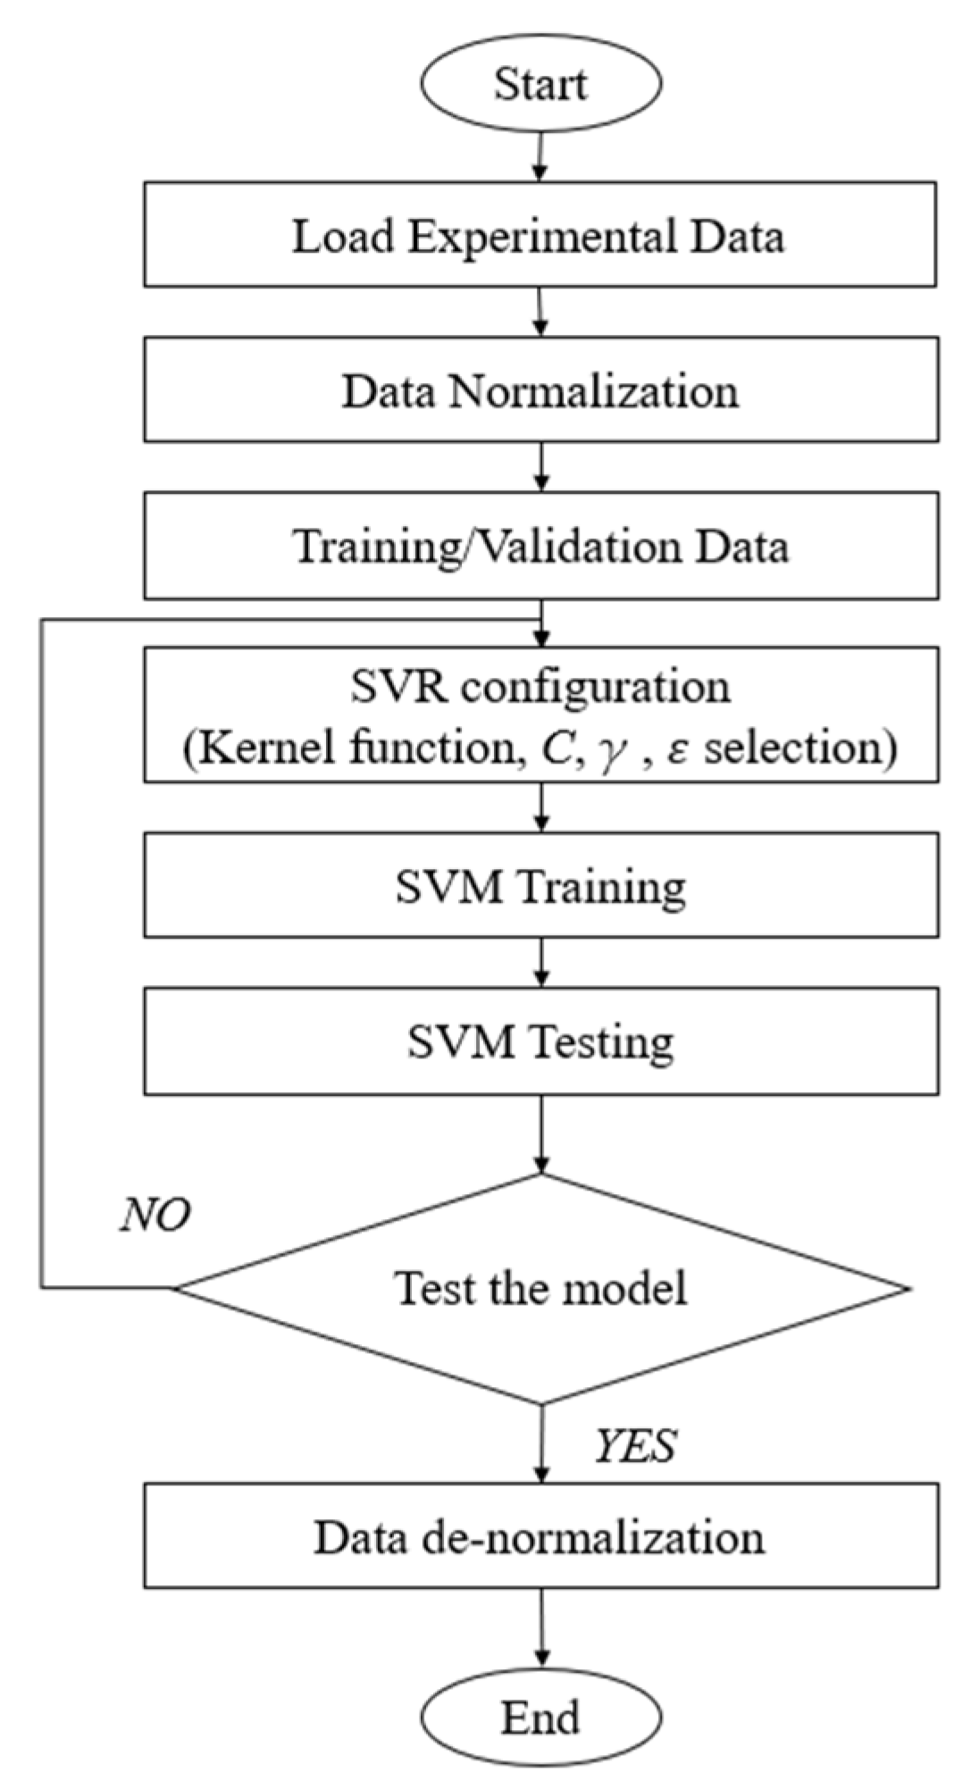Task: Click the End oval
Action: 540,1718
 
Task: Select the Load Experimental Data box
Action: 540,235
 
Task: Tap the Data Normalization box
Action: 540,389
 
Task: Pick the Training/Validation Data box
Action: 540,545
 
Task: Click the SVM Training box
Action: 540,885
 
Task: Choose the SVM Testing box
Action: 540,1041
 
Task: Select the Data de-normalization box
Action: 540,1537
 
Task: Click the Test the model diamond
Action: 540,1288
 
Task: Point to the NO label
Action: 155,1215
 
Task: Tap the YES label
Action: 635,1445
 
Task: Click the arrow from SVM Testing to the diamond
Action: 540,1134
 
